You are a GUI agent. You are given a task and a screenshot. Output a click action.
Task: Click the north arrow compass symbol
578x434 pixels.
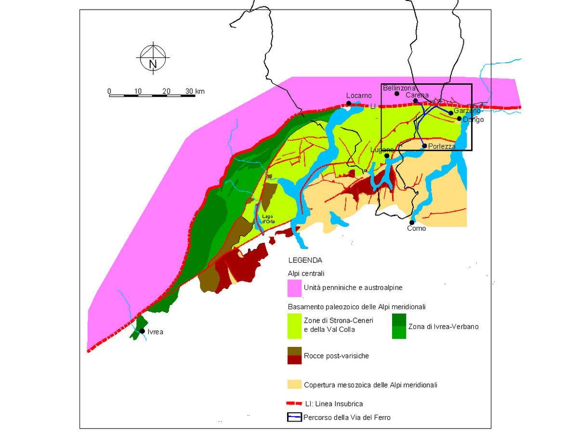pyautogui.click(x=153, y=58)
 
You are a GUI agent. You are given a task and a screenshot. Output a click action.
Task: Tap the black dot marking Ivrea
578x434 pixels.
pyautogui.click(x=142, y=331)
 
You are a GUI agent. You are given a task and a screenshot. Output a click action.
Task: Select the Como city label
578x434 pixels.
pyautogui.click(x=417, y=228)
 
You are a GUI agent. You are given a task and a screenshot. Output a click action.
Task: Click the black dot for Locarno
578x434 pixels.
pyautogui.click(x=349, y=103)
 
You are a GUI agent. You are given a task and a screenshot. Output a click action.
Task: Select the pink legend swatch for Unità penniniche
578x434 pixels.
pyautogui.click(x=294, y=288)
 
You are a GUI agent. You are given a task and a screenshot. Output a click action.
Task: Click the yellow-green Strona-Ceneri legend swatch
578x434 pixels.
pyautogui.click(x=294, y=326)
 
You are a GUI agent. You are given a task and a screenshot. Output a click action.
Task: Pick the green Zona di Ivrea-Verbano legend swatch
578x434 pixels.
pyautogui.click(x=399, y=326)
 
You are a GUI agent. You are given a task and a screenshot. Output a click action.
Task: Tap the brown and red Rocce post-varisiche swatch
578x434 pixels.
pyautogui.click(x=294, y=355)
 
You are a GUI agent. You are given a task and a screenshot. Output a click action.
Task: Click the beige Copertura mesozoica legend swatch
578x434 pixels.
pyautogui.click(x=294, y=384)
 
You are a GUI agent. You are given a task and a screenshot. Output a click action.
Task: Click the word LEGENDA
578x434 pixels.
pyautogui.click(x=305, y=261)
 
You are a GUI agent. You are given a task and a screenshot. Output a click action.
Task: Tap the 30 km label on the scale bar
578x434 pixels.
pyautogui.click(x=195, y=91)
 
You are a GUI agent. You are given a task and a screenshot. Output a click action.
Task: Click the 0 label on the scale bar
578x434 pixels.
pyautogui.click(x=109, y=91)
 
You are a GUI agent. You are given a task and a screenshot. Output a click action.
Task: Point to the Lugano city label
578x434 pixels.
pyautogui.click(x=381, y=150)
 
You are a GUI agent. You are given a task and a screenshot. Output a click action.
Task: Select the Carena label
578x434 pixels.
pyautogui.click(x=417, y=95)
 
